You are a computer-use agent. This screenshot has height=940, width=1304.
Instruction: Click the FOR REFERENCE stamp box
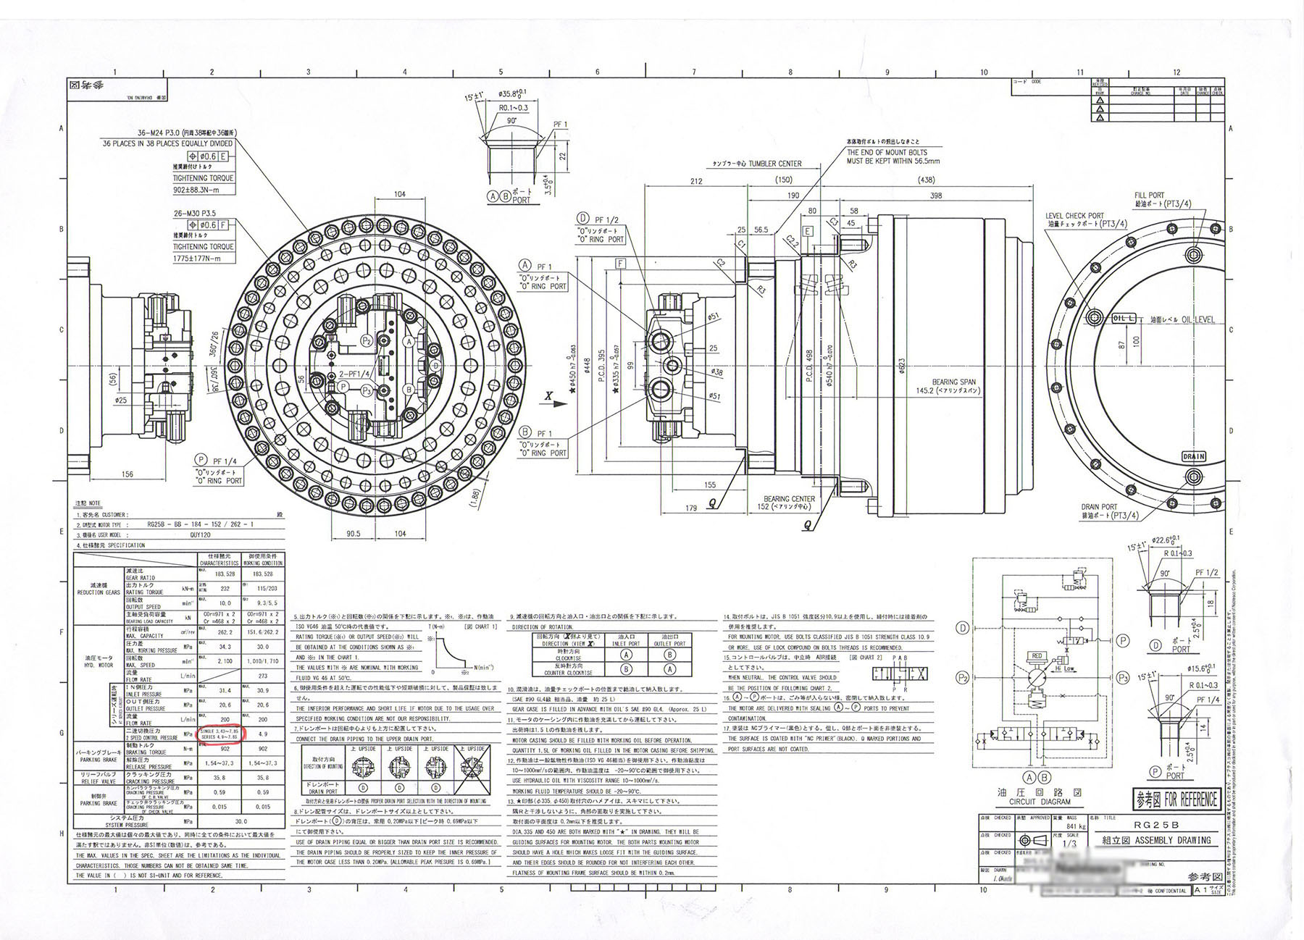[1176, 800]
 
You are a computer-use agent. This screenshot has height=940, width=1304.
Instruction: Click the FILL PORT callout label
[1149, 196]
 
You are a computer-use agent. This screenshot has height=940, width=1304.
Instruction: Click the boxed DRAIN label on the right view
[1193, 457]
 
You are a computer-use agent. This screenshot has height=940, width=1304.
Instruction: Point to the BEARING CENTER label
[789, 499]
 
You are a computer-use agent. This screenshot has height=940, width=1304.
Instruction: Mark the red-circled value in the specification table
[222, 734]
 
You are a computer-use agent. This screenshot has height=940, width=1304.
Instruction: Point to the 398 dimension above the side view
[935, 196]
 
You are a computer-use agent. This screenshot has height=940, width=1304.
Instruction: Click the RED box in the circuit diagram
[1037, 656]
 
